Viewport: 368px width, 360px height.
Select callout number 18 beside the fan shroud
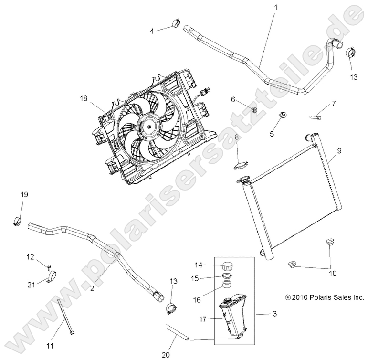(x=84, y=99)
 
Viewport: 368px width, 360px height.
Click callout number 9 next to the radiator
(x=339, y=151)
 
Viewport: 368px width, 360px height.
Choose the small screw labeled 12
(x=49, y=265)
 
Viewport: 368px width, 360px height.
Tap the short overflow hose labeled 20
(x=178, y=332)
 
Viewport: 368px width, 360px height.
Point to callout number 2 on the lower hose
(x=92, y=288)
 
